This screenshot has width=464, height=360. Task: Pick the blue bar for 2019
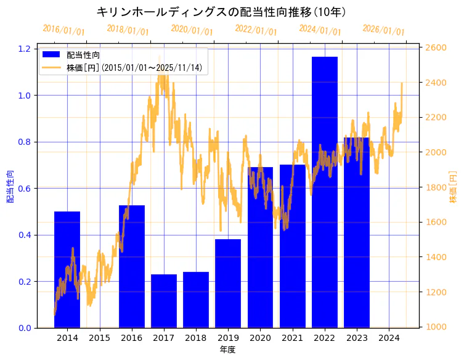click(x=228, y=284)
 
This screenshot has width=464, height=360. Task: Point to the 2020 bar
click(x=260, y=247)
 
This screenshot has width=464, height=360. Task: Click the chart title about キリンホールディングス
click(x=221, y=12)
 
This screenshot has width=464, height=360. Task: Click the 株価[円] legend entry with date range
click(x=136, y=68)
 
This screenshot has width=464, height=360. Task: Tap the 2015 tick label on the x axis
click(x=99, y=338)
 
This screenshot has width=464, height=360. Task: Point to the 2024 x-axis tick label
click(x=389, y=338)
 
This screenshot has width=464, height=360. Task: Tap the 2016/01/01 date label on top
click(x=63, y=30)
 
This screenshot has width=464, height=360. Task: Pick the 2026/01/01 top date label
click(x=383, y=30)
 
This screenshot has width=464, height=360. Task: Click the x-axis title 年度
click(x=228, y=350)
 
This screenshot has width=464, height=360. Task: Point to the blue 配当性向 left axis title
click(x=10, y=187)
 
